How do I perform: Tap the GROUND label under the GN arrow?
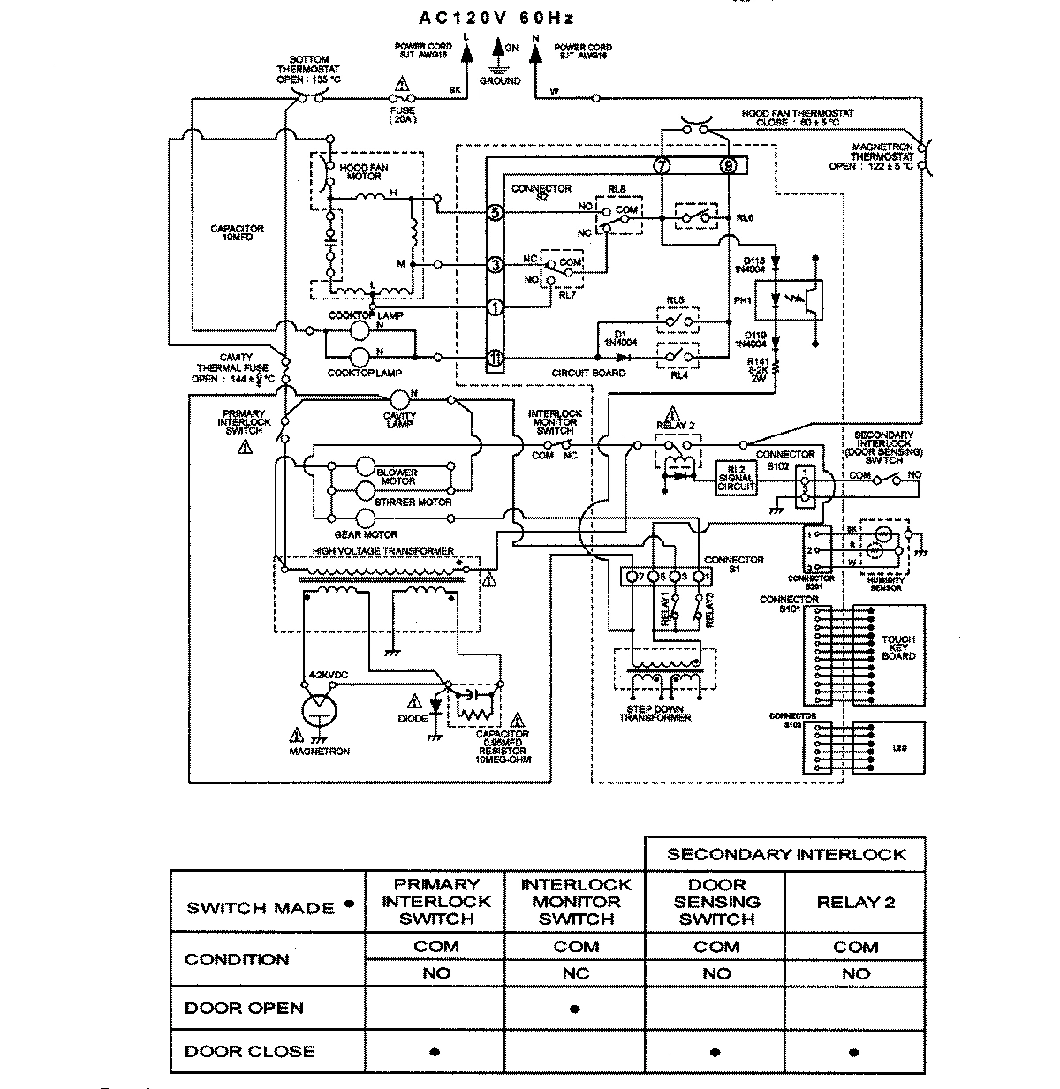coord(500,80)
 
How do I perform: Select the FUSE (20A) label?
coord(402,115)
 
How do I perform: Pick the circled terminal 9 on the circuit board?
coord(728,165)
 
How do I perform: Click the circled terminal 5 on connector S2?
coord(496,213)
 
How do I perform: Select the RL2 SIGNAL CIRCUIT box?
coord(737,477)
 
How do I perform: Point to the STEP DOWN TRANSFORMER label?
coord(655,714)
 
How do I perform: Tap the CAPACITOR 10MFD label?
coord(237,233)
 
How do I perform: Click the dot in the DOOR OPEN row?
coord(575,1009)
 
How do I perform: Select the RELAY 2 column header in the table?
coord(855,902)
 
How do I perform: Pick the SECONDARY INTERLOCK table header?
coord(785,854)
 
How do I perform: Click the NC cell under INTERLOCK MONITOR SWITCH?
coord(575,973)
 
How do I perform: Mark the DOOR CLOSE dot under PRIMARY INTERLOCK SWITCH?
coord(435,1052)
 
